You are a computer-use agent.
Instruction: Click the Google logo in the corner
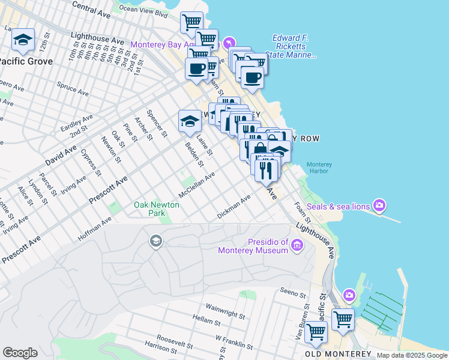20,353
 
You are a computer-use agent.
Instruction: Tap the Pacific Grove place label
26,61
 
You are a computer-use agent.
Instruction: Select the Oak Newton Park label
149,209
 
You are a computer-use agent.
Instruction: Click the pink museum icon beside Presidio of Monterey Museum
296,244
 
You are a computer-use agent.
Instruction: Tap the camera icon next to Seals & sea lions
379,206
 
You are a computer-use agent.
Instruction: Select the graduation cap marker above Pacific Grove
23,41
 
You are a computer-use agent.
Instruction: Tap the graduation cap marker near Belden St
190,121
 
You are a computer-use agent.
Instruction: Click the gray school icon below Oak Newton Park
155,241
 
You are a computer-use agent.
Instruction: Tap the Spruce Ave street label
72,90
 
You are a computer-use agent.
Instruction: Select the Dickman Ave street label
234,208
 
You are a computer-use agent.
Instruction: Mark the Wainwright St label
225,310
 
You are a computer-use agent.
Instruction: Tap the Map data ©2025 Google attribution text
412,355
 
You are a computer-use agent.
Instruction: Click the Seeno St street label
294,292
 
